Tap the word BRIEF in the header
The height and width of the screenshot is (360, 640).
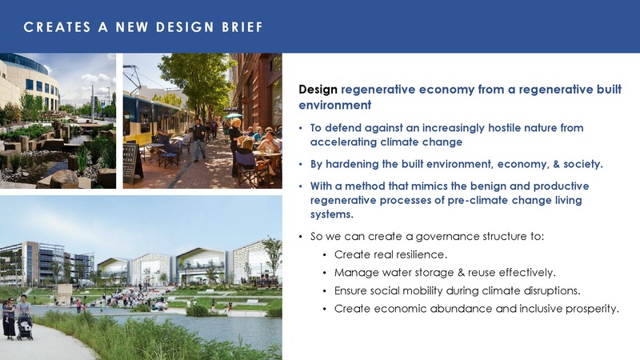point(240,28)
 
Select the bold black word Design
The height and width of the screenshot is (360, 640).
point(318,90)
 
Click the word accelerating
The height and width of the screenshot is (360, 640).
point(344,142)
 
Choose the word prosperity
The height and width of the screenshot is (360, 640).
point(590,309)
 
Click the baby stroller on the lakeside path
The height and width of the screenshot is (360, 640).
point(24,328)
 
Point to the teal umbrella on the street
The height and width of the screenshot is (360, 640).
point(234,116)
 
